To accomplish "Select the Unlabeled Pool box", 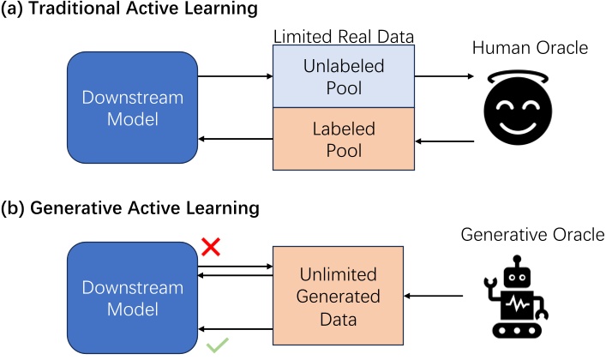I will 344,76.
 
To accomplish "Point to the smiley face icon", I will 515,111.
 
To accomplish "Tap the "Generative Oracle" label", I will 531,233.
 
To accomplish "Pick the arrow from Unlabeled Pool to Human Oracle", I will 443,76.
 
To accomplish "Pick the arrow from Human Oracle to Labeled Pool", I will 443,139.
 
